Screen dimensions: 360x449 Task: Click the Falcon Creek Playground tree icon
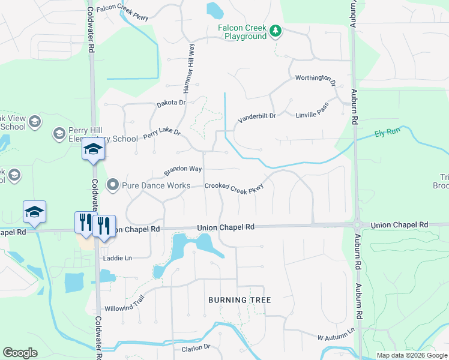click(x=276, y=31)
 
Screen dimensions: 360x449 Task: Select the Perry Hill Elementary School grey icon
click(x=59, y=133)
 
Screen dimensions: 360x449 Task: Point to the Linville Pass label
click(x=312, y=113)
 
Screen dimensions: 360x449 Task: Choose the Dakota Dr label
click(x=172, y=103)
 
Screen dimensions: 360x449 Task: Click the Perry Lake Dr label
click(x=161, y=134)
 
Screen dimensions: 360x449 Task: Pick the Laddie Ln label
click(x=118, y=258)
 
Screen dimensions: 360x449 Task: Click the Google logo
click(x=20, y=353)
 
